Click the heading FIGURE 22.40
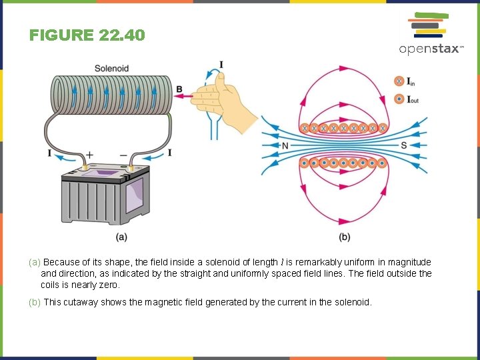(x=87, y=35)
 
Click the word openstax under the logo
(x=429, y=49)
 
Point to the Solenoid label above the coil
(x=111, y=68)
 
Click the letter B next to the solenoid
(x=179, y=89)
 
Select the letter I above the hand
(x=221, y=65)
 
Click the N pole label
(x=285, y=146)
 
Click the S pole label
(x=403, y=146)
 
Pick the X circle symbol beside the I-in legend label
(x=399, y=81)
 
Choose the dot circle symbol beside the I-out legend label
(x=399, y=99)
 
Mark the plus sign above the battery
(x=89, y=153)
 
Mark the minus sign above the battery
(x=124, y=153)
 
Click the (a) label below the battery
(x=121, y=237)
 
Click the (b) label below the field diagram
(x=344, y=237)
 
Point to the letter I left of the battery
(x=50, y=153)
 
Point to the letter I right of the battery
(x=169, y=153)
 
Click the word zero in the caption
(x=107, y=285)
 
